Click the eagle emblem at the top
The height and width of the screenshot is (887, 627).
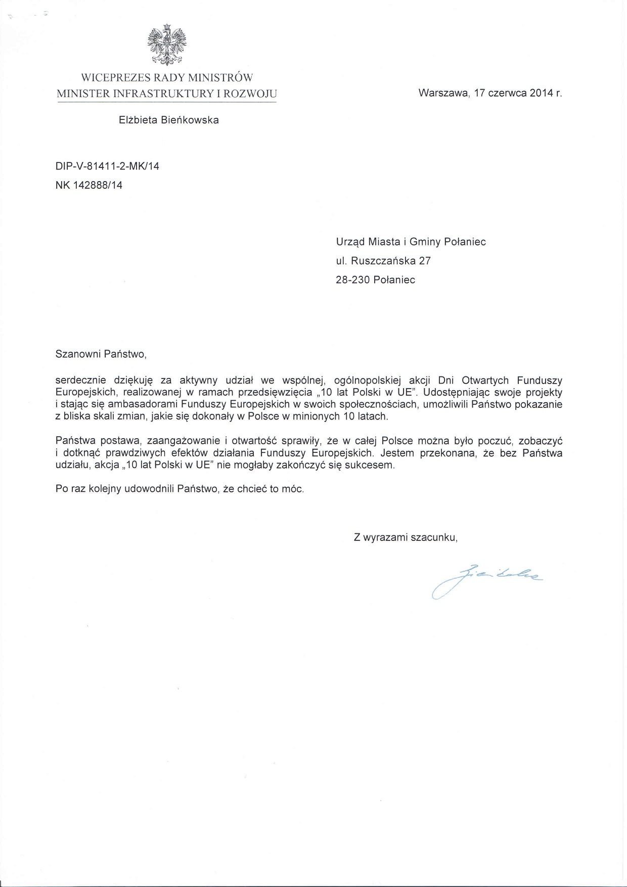pos(166,46)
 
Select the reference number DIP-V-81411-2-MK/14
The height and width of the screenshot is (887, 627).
pos(107,166)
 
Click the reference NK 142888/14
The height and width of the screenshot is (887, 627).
pos(89,185)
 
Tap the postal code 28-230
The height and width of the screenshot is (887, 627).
pos(352,280)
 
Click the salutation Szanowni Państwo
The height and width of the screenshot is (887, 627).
pos(101,354)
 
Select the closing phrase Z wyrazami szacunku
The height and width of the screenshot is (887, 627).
pos(406,538)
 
